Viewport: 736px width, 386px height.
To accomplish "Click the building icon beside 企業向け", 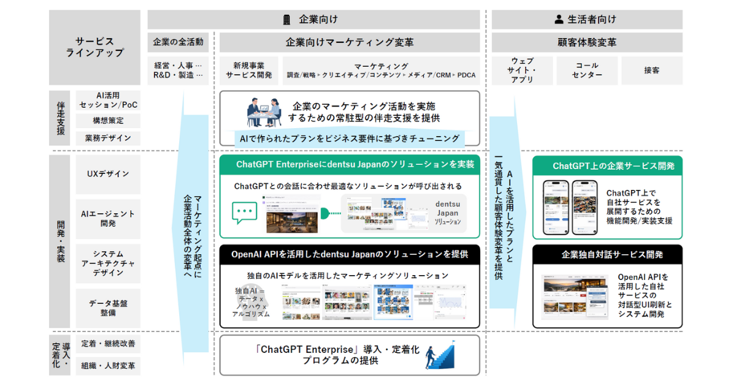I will (x=286, y=20).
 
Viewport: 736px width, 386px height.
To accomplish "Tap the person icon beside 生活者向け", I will (x=559, y=20).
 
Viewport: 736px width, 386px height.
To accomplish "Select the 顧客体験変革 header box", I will (x=587, y=42).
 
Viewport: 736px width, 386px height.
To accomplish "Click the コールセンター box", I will (x=587, y=70).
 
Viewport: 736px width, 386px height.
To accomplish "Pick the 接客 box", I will (x=652, y=70).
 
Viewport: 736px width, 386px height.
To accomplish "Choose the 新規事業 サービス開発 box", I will (x=248, y=70).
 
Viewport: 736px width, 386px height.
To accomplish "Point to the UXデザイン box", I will (x=108, y=174).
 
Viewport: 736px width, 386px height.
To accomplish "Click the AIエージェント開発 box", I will (x=108, y=219).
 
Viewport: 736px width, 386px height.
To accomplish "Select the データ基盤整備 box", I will (x=108, y=308).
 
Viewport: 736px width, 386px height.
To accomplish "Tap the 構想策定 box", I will (x=108, y=121).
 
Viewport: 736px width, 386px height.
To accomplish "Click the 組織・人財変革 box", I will (x=108, y=366).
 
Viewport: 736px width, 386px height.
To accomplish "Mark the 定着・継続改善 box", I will (x=108, y=344).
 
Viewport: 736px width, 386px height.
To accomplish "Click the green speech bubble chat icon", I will (x=245, y=213).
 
